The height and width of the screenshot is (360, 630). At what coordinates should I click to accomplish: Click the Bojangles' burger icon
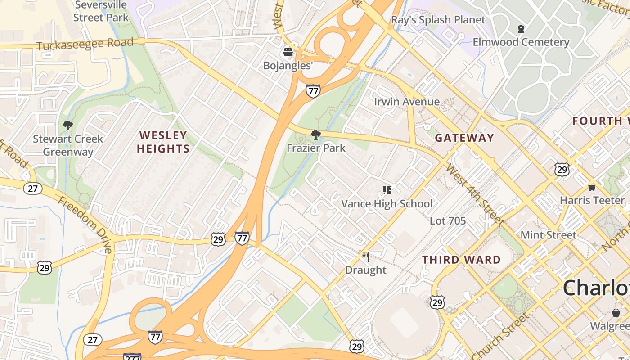[x=288, y=52]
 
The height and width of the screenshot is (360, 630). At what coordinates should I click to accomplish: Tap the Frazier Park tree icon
[x=316, y=135]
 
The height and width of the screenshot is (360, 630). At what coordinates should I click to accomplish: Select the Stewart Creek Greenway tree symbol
[x=68, y=125]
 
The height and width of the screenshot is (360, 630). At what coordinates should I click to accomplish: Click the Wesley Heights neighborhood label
[x=163, y=142]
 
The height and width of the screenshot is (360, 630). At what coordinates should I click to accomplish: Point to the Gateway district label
[x=464, y=138]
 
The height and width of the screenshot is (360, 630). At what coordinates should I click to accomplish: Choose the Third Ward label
[x=461, y=260]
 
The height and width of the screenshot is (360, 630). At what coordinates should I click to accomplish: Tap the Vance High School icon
[x=387, y=190]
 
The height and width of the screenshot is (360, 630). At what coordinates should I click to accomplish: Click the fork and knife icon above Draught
[x=366, y=257]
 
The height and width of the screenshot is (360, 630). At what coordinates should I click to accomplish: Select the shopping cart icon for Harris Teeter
[x=592, y=187]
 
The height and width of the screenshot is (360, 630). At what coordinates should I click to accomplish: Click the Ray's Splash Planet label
[x=438, y=20]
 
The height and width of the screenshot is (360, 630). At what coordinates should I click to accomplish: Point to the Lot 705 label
[x=448, y=220]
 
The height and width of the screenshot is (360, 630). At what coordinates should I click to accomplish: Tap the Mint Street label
[x=548, y=235]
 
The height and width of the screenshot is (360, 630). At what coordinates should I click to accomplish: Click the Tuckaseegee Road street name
[x=85, y=44]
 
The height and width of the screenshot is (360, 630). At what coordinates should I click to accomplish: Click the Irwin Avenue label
[x=407, y=102]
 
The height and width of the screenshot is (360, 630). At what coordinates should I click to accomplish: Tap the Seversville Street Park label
[x=101, y=11]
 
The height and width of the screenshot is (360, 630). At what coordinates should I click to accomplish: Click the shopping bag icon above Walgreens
[x=616, y=313]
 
